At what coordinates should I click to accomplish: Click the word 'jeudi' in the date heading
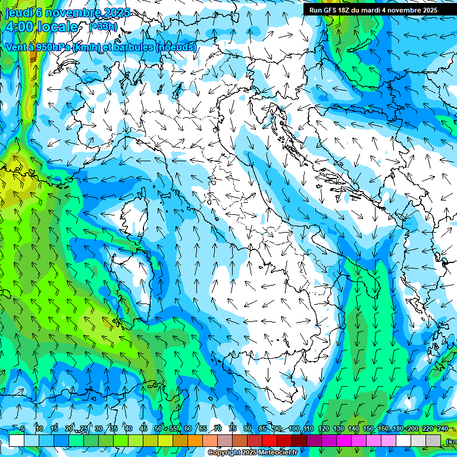pos(19,13)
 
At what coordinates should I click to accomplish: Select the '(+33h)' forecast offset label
pos(103,26)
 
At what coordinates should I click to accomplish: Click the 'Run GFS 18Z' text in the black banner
pos(329,10)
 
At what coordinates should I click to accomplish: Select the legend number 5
pos(23,428)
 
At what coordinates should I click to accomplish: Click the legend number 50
pos(158,428)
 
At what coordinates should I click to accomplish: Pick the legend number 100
pos(294,428)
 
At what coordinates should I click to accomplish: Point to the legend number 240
pos(442,428)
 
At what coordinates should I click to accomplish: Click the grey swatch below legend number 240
pos(433,440)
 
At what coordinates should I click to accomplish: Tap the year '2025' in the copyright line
pos(249,453)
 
